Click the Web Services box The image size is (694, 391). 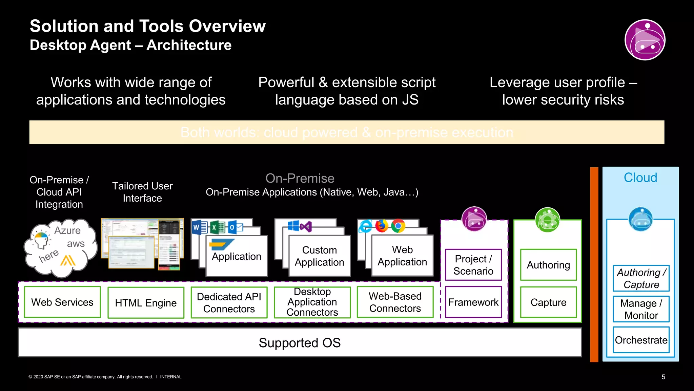click(x=62, y=302)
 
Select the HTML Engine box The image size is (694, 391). click(x=146, y=303)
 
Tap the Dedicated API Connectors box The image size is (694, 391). click(x=229, y=302)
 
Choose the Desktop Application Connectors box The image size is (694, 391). click(x=312, y=302)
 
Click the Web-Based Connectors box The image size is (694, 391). click(x=395, y=302)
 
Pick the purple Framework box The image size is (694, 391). click(x=473, y=302)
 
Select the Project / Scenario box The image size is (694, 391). click(x=473, y=265)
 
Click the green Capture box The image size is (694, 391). click(x=548, y=302)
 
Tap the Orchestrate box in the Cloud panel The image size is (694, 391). click(x=641, y=340)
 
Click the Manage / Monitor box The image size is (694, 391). click(x=641, y=309)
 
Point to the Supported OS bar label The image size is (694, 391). click(x=300, y=342)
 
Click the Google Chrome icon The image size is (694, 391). click(x=398, y=226)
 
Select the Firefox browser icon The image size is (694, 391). click(x=382, y=226)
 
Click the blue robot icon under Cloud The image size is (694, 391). click(x=640, y=219)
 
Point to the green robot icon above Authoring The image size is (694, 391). click(x=547, y=220)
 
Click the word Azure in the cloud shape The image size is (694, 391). click(x=67, y=230)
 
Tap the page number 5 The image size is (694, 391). click(x=663, y=377)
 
